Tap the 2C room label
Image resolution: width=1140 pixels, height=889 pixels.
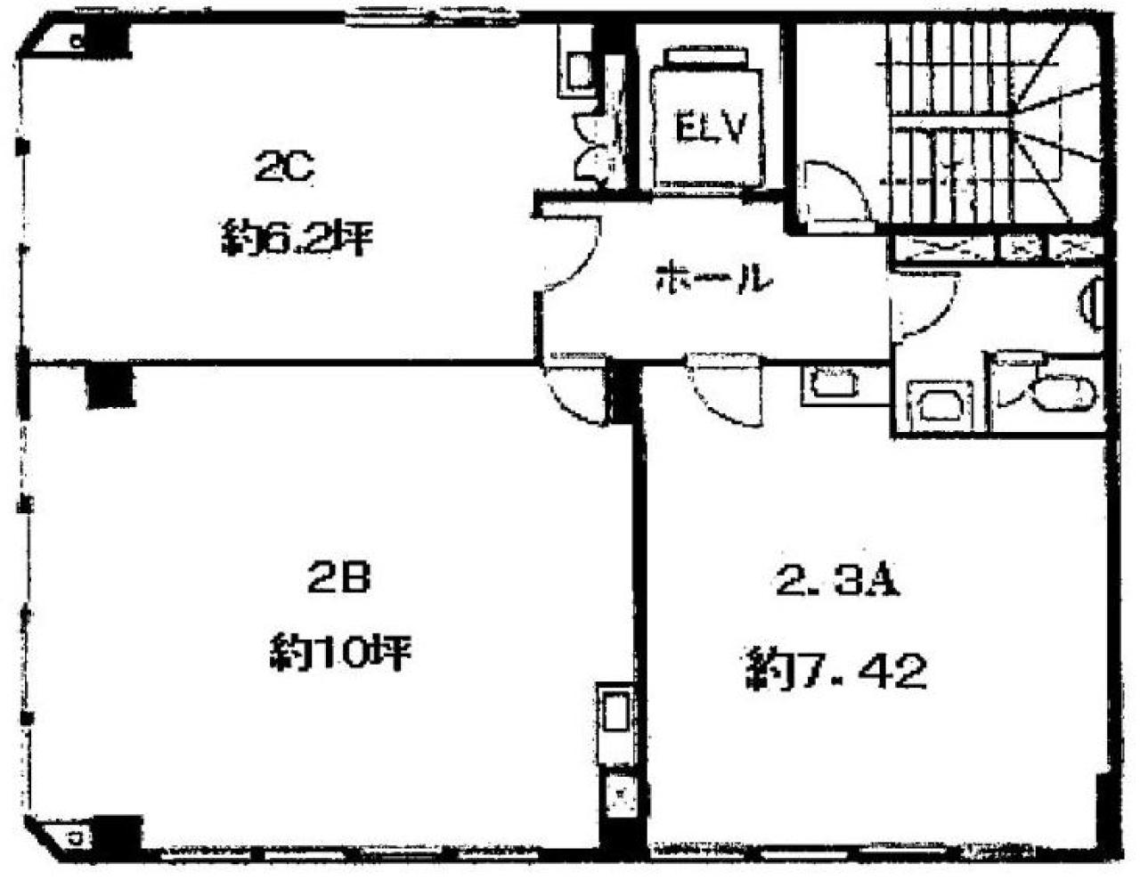coord(284,167)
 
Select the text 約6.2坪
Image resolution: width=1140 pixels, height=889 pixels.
coord(297,239)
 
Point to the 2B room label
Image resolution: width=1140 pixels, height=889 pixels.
coord(339,576)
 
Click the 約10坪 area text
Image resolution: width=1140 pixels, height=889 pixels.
coord(340,652)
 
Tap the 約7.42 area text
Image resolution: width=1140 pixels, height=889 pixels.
coord(836,671)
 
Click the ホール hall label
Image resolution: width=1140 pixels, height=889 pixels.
coord(714,279)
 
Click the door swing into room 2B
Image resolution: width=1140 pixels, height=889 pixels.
coord(575,394)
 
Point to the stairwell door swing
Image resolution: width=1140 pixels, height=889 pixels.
coord(838,194)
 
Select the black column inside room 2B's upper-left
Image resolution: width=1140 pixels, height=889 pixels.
coord(110,387)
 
